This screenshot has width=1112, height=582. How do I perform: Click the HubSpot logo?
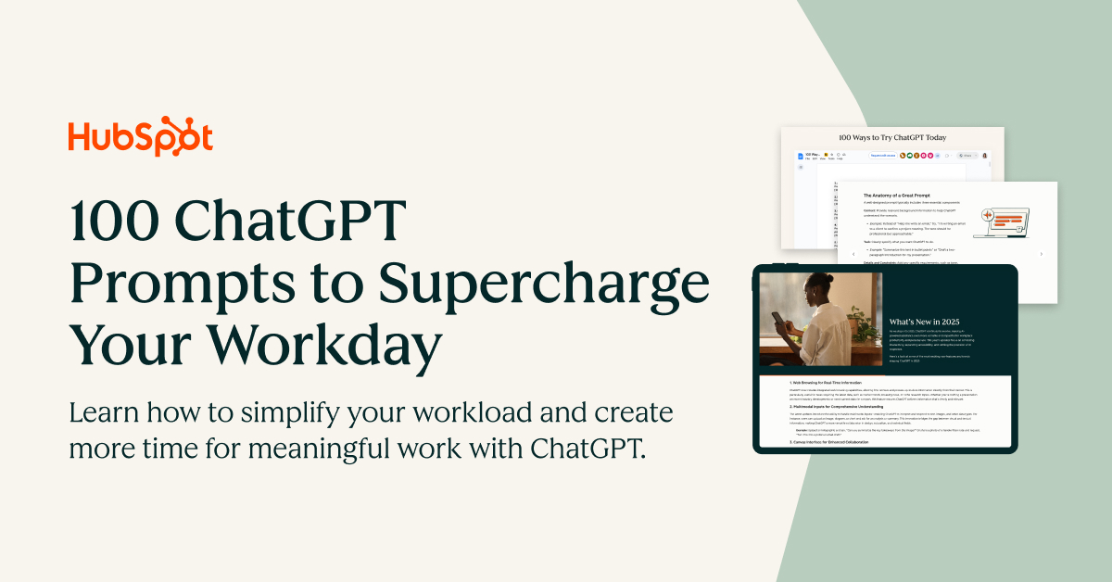coord(140,136)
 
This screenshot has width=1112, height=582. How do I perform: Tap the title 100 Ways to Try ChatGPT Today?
coord(892,137)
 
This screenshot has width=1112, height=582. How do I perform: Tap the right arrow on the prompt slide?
coord(1041,253)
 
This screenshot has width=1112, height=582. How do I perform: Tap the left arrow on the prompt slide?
coord(853,253)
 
